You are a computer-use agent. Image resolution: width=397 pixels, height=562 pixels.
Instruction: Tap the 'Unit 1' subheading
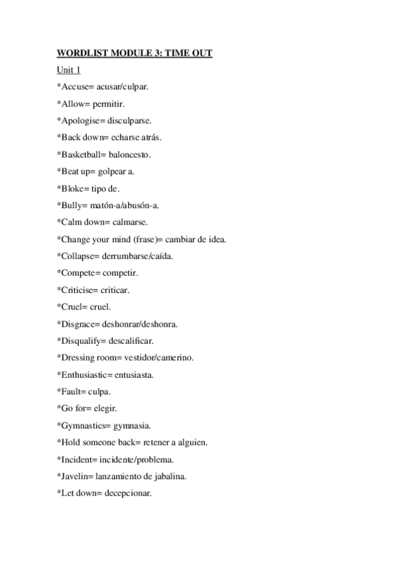point(69,70)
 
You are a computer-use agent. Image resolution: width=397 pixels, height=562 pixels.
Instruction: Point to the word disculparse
point(130,121)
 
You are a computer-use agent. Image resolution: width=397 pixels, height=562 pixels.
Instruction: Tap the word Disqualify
point(81,341)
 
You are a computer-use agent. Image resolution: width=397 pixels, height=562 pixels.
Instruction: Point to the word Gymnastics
point(82,425)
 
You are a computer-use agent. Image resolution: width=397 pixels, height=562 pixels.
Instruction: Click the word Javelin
point(74,477)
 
